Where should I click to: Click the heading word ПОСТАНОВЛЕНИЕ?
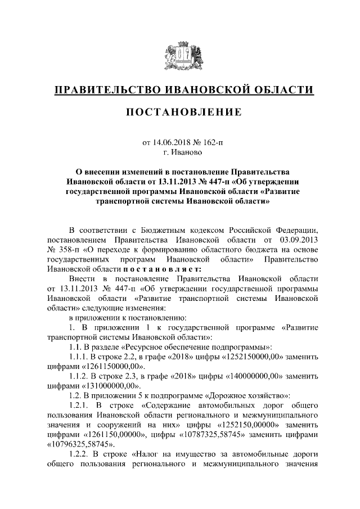click(x=180, y=112)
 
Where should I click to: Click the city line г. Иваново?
click(x=180, y=151)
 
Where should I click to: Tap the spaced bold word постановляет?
click(x=129, y=269)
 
